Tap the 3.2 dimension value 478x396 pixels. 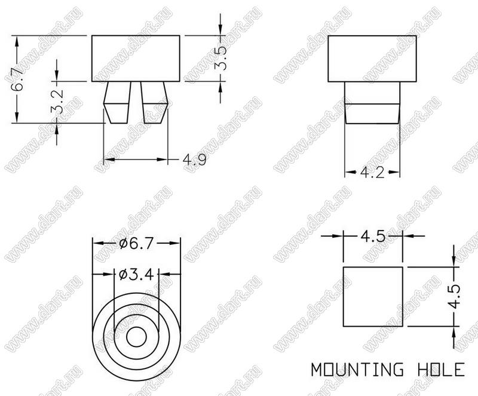57,102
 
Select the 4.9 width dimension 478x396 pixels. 195,159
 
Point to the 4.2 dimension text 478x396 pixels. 372,173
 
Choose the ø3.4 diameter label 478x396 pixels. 136,275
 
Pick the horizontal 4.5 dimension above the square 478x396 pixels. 373,237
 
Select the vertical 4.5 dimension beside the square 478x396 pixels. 455,297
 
